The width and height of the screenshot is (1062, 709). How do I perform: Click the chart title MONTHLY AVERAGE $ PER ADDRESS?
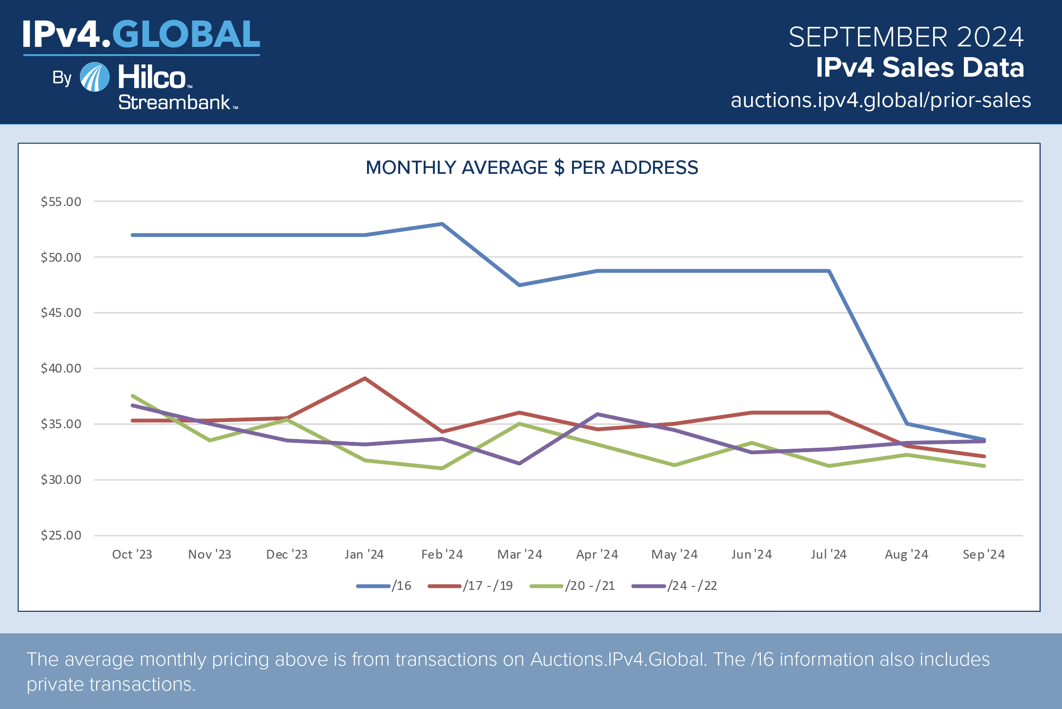pos(531,167)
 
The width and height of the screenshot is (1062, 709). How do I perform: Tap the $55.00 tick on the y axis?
pos(61,202)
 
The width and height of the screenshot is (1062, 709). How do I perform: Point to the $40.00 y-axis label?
pos(61,368)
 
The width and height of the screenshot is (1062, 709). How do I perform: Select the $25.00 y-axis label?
pos(61,535)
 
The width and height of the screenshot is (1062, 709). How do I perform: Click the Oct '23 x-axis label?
pos(132,554)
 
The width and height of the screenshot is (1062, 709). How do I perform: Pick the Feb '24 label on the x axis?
pos(442,554)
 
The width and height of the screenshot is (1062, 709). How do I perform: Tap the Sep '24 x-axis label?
pos(983,554)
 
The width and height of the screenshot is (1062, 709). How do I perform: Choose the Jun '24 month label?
pos(752,554)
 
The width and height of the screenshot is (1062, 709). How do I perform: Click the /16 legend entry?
pos(385,585)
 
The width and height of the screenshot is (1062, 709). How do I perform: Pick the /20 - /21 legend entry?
pos(573,585)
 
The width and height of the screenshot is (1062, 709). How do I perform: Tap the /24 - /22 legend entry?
pos(675,585)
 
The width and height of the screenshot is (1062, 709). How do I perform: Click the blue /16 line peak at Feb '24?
pos(442,224)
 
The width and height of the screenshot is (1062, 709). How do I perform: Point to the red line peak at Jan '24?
pos(365,378)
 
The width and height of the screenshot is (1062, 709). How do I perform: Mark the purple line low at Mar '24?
pos(519,463)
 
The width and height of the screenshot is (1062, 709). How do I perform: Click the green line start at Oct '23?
pos(133,396)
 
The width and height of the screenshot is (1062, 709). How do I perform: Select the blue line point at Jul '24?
pos(829,271)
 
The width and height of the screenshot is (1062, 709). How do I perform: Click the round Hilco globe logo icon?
pos(95,77)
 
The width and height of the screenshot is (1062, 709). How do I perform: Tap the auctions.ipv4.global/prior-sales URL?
pos(880,100)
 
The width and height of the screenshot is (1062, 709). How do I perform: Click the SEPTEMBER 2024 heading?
pos(906,37)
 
